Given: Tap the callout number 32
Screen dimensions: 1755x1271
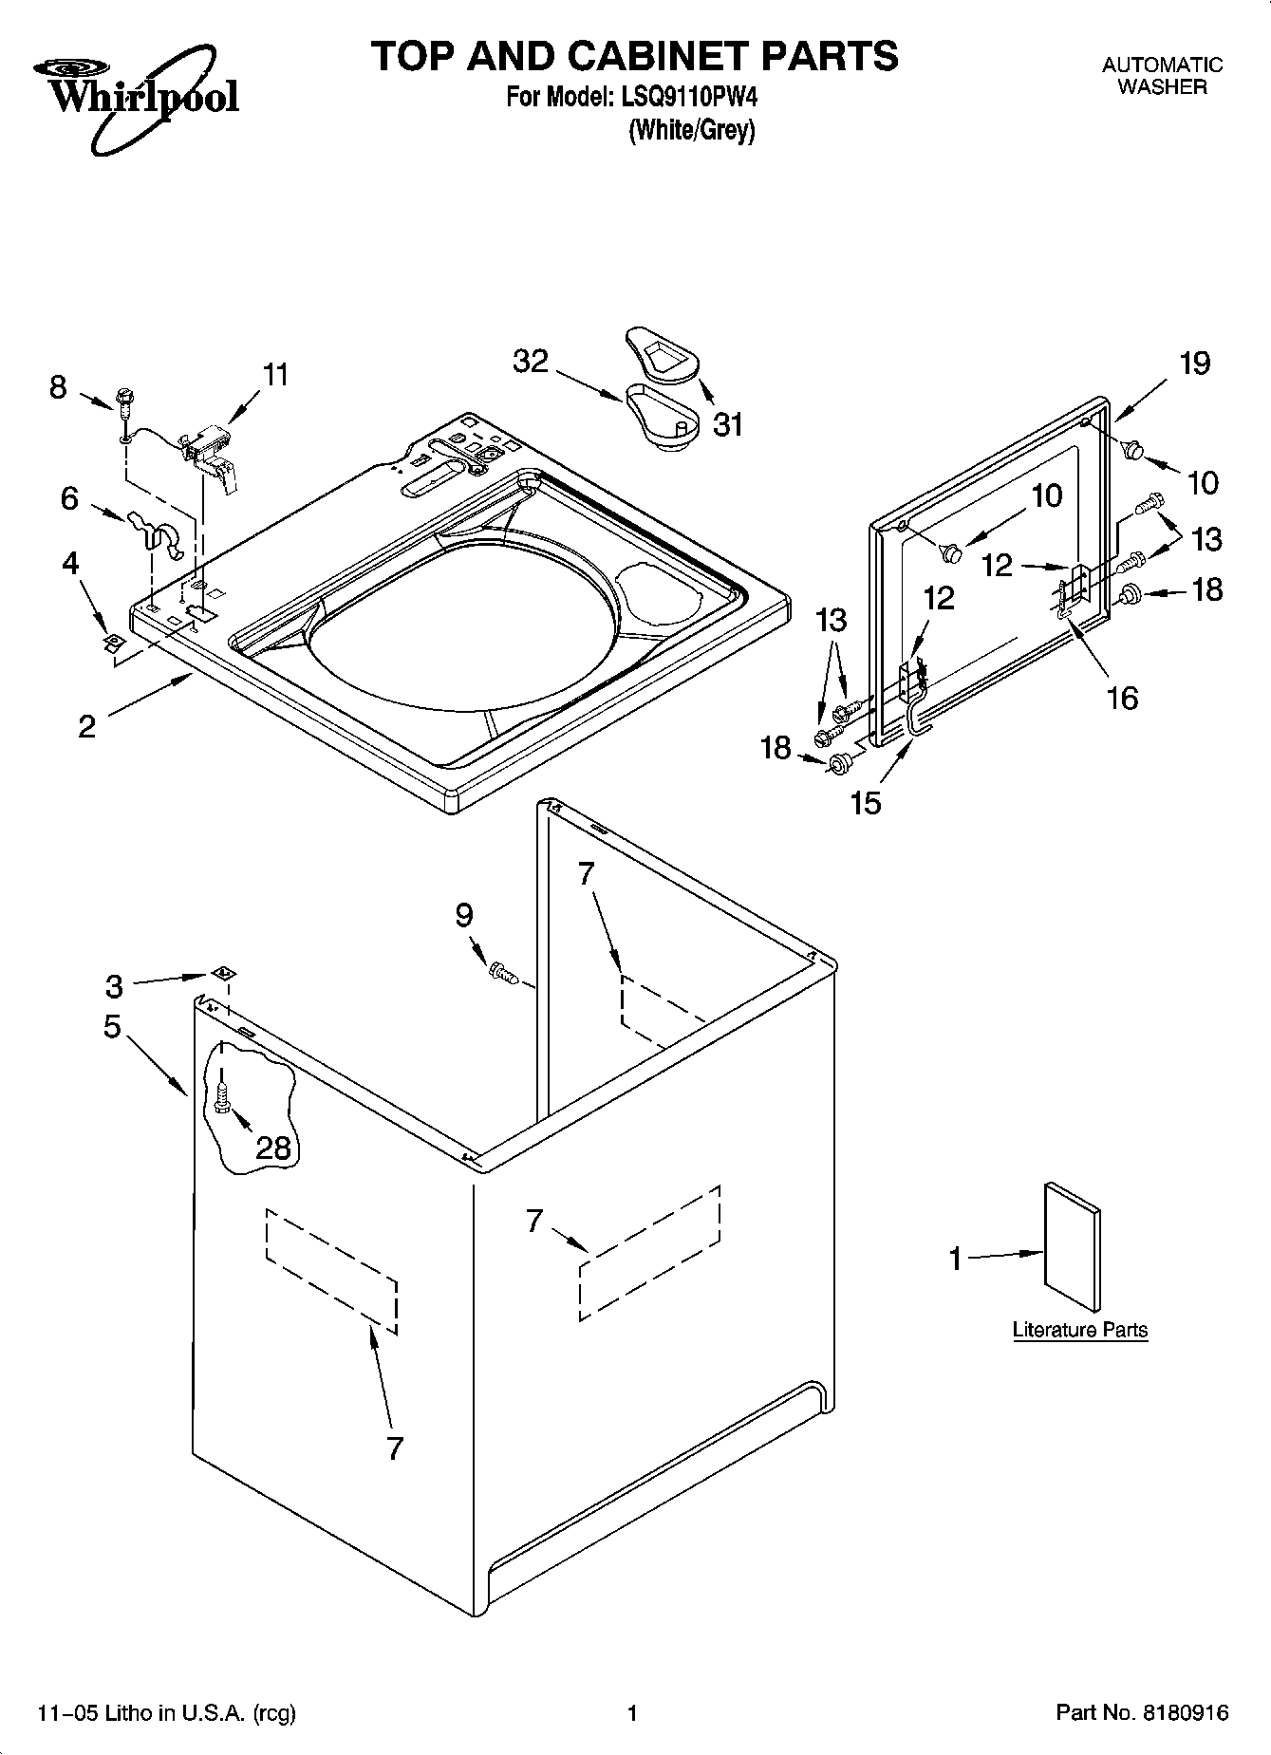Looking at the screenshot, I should (x=532, y=362).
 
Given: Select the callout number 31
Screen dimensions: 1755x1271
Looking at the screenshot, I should (x=728, y=425).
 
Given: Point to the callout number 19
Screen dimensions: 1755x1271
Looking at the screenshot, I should (x=1195, y=363).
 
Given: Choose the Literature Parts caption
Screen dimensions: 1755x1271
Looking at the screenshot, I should (x=1079, y=1330).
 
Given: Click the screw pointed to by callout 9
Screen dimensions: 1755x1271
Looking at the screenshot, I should (x=501, y=972).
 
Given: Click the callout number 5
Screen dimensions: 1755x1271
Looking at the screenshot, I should (x=113, y=1026).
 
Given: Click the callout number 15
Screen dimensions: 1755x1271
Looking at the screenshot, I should (x=866, y=802).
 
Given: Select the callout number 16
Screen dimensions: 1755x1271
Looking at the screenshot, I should (x=1122, y=698).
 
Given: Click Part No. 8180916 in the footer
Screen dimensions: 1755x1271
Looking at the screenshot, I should (x=1142, y=1713).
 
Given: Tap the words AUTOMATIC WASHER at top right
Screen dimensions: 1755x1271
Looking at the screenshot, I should (x=1162, y=76).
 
